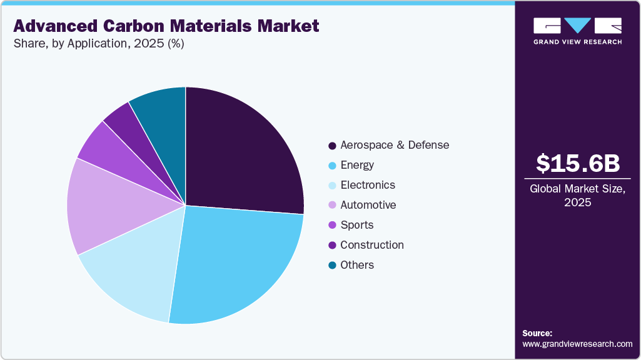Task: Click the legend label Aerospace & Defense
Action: tap(395, 145)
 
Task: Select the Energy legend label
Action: tap(357, 165)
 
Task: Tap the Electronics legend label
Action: tap(368, 185)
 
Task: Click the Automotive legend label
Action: tap(368, 205)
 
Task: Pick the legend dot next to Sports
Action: tap(331, 225)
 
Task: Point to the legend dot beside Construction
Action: tap(331, 245)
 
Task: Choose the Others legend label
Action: tap(357, 265)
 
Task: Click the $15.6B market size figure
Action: tap(578, 163)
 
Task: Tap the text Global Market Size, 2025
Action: tap(578, 196)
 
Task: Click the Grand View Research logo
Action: tap(578, 31)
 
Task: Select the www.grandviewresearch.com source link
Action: tap(577, 344)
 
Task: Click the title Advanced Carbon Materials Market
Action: tap(166, 26)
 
